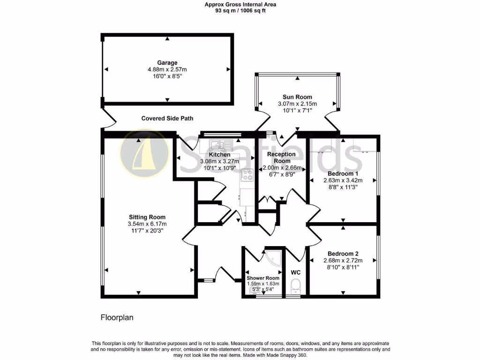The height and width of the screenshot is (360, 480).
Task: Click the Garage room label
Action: [x=167, y=63]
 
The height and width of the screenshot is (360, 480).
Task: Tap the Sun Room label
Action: [x=297, y=97]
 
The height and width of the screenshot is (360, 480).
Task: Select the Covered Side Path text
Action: [x=167, y=119]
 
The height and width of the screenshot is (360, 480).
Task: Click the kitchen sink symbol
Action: [x=219, y=144]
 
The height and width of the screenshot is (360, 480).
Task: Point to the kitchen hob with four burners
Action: [x=247, y=175]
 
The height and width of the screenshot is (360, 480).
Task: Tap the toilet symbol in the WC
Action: [x=295, y=285]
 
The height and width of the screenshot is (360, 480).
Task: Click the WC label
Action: [x=295, y=272]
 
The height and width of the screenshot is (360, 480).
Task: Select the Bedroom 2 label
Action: [x=344, y=254]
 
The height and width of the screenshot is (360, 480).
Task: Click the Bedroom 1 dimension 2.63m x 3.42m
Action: [x=343, y=180]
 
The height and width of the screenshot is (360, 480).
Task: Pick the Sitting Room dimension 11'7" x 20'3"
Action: [x=147, y=231]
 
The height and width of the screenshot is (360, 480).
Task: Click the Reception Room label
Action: [x=281, y=157]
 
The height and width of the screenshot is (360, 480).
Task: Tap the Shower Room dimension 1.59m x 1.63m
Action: [x=263, y=284]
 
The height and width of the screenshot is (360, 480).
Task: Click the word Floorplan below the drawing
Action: [x=117, y=317]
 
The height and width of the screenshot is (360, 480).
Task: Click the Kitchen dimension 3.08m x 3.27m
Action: [x=219, y=161]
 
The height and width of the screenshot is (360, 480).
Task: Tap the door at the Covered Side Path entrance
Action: [x=108, y=120]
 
